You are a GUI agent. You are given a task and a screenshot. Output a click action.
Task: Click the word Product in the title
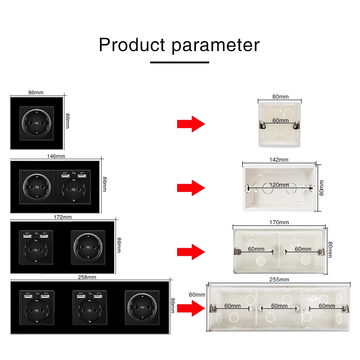click(x=132, y=45)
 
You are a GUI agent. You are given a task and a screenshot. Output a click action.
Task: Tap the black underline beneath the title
click(x=179, y=62)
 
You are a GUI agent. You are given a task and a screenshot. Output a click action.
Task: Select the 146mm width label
click(x=56, y=156)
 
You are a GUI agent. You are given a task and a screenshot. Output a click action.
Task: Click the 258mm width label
click(x=87, y=277)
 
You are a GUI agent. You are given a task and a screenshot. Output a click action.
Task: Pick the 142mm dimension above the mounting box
click(x=279, y=159)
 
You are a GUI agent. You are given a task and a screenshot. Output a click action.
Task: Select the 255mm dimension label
click(x=280, y=279)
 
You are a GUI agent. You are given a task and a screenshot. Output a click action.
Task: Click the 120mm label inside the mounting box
click(x=279, y=185)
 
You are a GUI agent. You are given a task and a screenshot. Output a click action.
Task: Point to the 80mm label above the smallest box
click(x=280, y=96)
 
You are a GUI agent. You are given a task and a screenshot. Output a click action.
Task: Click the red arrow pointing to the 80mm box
click(x=191, y=124)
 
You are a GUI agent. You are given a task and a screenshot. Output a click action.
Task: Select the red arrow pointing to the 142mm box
click(x=191, y=188)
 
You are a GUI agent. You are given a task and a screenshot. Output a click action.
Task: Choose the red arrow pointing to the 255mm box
click(x=191, y=308)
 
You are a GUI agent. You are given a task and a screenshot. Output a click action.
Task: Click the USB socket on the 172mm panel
click(x=36, y=248)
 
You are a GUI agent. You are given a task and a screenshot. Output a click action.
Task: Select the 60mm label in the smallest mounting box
click(x=280, y=120)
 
